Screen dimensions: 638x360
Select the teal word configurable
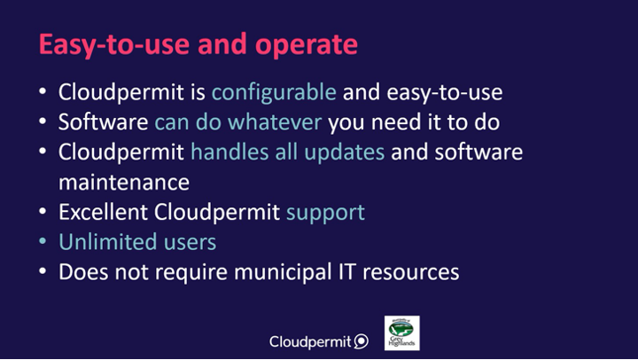(x=274, y=93)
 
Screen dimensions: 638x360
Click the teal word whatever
(x=275, y=122)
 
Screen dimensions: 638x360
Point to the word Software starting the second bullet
(x=104, y=122)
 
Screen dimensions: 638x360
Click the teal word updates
(x=344, y=153)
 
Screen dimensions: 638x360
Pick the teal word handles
(x=230, y=153)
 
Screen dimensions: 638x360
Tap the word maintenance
(x=124, y=183)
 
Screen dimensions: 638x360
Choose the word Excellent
(x=103, y=212)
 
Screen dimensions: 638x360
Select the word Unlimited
(x=108, y=242)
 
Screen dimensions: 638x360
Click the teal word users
(x=190, y=243)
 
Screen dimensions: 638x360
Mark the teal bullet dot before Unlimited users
(x=43, y=241)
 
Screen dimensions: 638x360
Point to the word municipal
(x=284, y=273)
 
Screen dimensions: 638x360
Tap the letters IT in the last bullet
(x=347, y=272)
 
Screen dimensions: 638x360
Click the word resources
(x=411, y=273)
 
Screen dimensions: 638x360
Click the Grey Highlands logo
(x=402, y=333)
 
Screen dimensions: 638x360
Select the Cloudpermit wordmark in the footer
(x=310, y=341)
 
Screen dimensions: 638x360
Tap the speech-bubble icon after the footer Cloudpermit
(x=361, y=341)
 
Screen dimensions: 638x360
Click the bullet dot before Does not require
(x=43, y=271)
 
